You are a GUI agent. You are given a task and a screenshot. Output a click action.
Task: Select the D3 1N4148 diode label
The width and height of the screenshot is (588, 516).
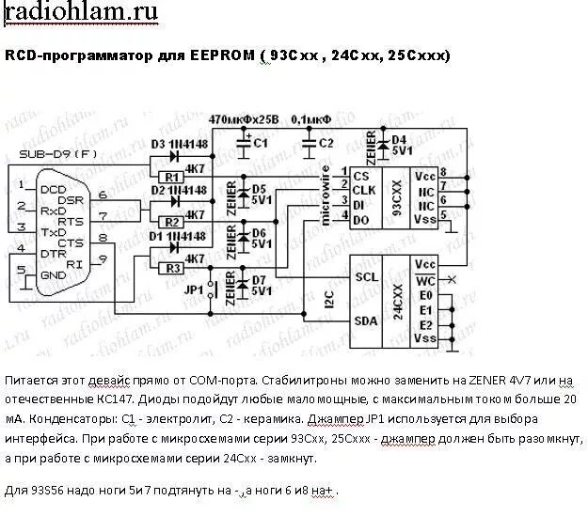pyautogui.click(x=177, y=143)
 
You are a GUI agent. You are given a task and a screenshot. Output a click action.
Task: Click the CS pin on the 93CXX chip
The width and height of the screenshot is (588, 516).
pyautogui.click(x=360, y=175)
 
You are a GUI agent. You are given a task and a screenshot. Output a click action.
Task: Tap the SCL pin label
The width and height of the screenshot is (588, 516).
pyautogui.click(x=366, y=277)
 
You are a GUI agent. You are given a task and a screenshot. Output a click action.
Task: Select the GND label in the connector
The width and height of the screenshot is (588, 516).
pyautogui.click(x=52, y=274)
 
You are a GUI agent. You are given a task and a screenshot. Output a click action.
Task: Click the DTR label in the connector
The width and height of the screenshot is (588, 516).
pyautogui.click(x=52, y=255)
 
